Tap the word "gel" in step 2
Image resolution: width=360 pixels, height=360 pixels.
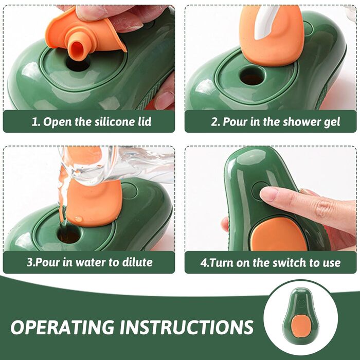332,122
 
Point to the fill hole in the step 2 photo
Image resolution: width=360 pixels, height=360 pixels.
253,76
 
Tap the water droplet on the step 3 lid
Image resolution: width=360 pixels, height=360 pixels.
79,219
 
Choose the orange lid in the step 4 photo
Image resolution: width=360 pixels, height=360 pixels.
279,234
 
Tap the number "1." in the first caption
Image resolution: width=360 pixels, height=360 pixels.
36,122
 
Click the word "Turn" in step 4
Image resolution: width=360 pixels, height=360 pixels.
221,263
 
